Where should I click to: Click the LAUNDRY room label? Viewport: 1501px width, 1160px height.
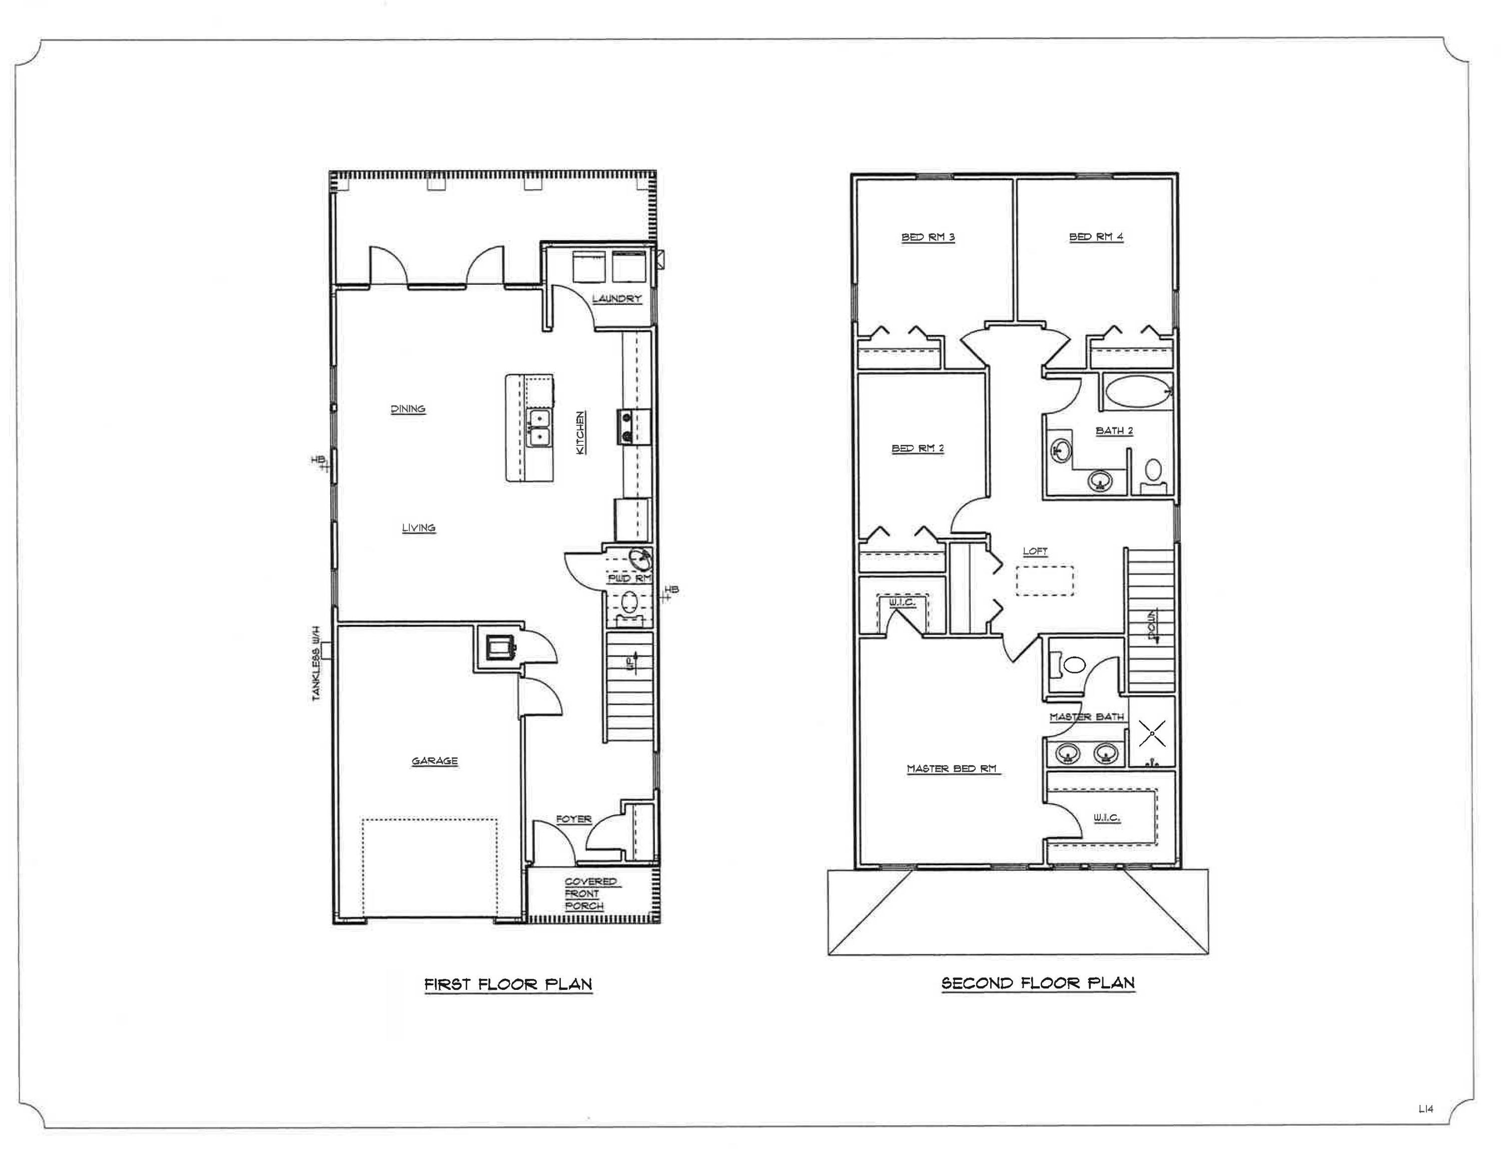coord(616,299)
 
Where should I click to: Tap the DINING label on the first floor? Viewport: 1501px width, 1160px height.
coord(408,409)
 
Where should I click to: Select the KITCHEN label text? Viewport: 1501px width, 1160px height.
coord(581,432)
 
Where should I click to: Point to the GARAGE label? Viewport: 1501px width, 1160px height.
coord(434,761)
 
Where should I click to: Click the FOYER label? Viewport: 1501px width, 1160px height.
coord(573,819)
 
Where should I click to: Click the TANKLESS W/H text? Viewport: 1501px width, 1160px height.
coord(317,663)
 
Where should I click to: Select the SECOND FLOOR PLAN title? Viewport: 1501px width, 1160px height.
coord(1038,983)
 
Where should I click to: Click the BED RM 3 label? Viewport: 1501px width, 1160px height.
coord(928,237)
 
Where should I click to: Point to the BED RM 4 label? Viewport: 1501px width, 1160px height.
coord(1096,237)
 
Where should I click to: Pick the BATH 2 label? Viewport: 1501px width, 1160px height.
coord(1114,431)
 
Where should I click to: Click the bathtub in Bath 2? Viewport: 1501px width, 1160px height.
coord(1137,392)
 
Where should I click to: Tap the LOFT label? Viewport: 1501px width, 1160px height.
coord(1035,551)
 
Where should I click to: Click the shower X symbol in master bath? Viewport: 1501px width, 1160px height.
coord(1152,733)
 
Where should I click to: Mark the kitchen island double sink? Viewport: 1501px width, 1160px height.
coord(539,427)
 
